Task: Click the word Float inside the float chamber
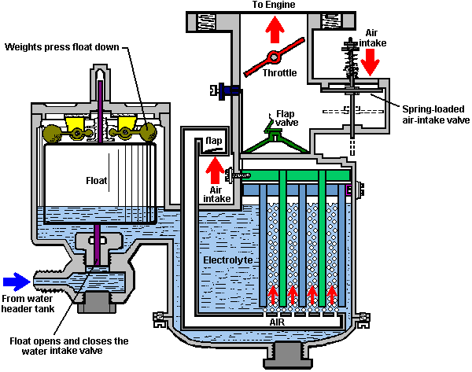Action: click(x=96, y=180)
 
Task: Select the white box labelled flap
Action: click(x=214, y=142)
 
